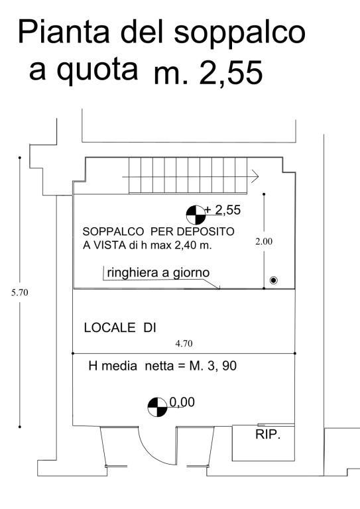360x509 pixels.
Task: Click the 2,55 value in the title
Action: coord(231,73)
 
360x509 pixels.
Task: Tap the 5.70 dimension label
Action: coord(19,292)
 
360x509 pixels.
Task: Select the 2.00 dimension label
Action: coord(264,241)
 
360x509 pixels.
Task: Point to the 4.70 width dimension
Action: coord(184,343)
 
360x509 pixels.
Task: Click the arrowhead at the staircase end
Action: coord(255,177)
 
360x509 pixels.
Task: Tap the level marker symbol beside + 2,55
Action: coord(196,215)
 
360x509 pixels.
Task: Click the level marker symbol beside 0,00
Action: coord(157,407)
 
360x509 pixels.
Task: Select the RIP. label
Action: coord(268,434)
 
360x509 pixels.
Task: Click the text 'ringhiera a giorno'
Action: coord(158,272)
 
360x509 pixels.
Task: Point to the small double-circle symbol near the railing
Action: coord(274,280)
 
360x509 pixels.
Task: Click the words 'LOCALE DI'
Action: coord(120,327)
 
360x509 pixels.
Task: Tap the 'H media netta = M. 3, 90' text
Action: coord(162,366)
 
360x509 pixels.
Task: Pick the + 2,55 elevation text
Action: coord(223,210)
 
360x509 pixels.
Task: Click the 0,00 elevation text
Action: coord(182,402)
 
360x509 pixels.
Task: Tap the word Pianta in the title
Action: coord(63,32)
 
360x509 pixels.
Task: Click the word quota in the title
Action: coord(97,71)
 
